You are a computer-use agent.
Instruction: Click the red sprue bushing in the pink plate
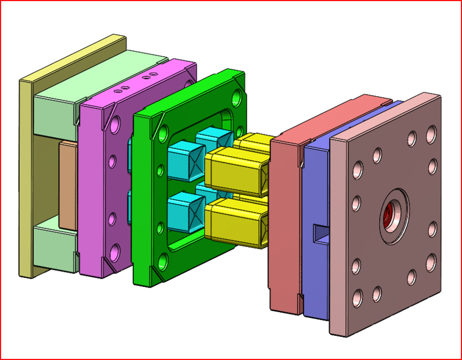390,215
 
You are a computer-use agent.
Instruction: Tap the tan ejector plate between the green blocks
68,184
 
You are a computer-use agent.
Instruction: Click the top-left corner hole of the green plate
163,133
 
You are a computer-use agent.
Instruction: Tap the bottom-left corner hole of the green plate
163,260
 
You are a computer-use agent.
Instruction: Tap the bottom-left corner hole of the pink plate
357,295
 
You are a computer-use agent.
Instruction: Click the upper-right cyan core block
211,138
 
